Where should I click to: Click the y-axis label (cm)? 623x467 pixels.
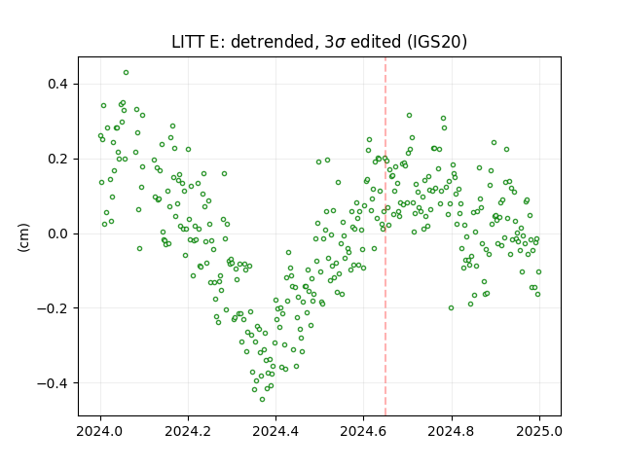[23, 237]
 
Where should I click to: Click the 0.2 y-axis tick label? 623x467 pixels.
[58, 159]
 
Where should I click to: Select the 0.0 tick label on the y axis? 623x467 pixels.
[58, 233]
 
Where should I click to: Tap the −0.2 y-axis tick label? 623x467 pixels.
[54, 308]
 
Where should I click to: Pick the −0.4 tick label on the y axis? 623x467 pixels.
[54, 383]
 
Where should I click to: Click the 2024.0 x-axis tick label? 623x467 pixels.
[100, 431]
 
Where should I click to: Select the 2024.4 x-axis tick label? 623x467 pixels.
[275, 431]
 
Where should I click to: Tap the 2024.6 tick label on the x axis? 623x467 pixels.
[363, 431]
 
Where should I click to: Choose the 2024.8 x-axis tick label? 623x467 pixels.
[452, 431]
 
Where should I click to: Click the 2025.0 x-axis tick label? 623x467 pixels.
[539, 431]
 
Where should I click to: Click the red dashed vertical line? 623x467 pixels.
[385, 236]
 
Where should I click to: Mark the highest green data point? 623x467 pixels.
[126, 73]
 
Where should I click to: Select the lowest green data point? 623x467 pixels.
[262, 399]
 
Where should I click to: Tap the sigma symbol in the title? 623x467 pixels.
[340, 43]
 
